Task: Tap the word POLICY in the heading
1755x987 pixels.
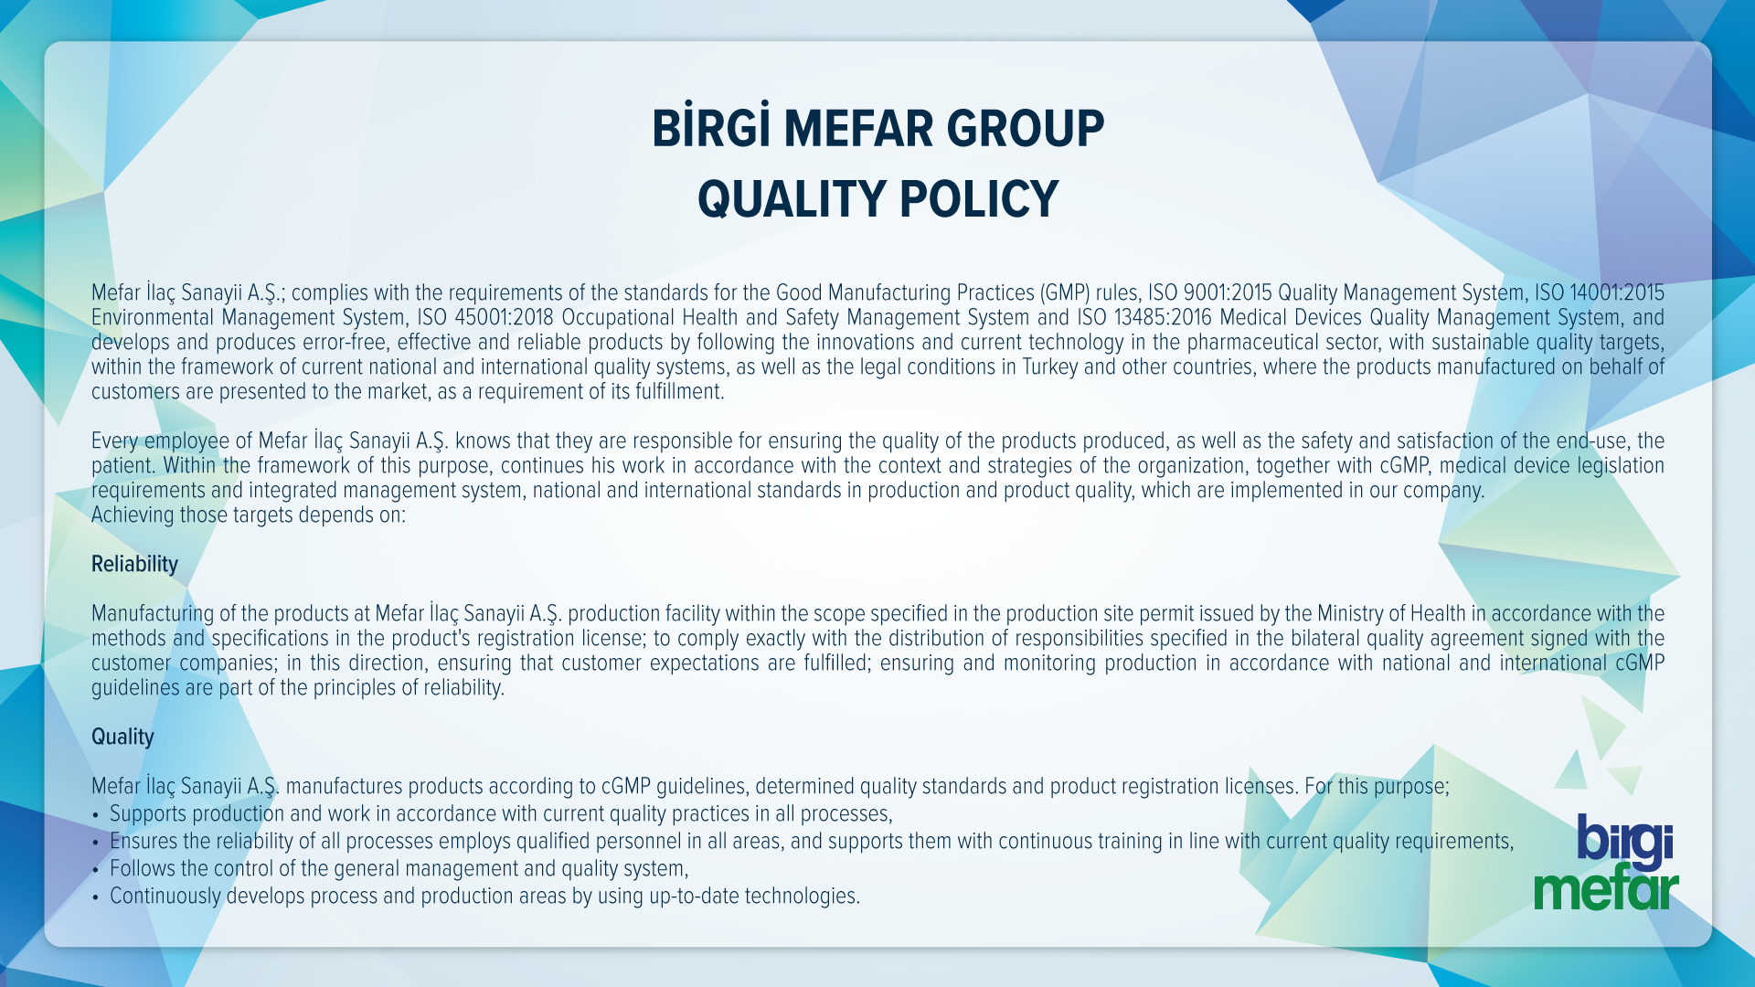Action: (979, 199)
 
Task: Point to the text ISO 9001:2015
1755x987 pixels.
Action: (1209, 292)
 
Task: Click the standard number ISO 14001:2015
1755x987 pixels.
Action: (1599, 292)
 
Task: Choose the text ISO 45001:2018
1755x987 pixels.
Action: (485, 317)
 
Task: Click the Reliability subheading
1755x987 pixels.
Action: (134, 564)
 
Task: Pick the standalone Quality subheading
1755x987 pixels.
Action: (122, 737)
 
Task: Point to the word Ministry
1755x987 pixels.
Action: (1349, 613)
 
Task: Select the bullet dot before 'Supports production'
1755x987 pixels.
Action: (95, 814)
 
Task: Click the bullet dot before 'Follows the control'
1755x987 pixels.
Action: (95, 869)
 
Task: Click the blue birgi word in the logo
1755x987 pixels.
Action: (1624, 841)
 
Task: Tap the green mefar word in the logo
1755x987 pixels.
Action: (1606, 889)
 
